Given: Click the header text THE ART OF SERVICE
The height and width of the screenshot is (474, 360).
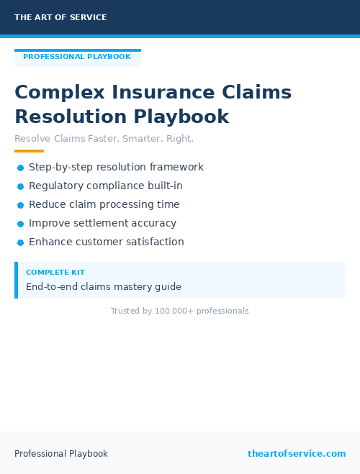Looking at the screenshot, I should point(60,17).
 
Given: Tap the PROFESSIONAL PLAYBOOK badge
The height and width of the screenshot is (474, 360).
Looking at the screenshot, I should point(77,57).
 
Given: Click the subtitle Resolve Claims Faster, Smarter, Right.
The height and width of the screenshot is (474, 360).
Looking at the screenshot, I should point(104,138).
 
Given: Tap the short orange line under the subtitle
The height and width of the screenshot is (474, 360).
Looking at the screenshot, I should point(29,151).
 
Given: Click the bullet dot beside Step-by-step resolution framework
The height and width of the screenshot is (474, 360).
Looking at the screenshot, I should point(20,168).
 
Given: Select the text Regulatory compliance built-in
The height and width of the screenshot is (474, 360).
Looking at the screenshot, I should point(106,186).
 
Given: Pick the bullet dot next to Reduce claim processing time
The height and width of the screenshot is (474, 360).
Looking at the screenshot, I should point(20,205).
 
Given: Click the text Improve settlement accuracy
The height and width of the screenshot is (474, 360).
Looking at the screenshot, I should point(102,223).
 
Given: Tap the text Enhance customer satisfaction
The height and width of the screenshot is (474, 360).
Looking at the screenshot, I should point(107,242).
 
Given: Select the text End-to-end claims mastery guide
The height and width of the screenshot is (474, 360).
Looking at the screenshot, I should point(104,287).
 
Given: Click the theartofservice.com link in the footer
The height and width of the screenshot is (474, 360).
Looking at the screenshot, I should point(297,454).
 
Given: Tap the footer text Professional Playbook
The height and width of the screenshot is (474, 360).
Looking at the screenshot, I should point(61,454).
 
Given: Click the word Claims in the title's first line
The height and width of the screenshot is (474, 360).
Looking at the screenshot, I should point(256,93).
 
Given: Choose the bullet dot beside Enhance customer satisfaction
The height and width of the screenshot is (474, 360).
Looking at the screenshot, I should point(20,242).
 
